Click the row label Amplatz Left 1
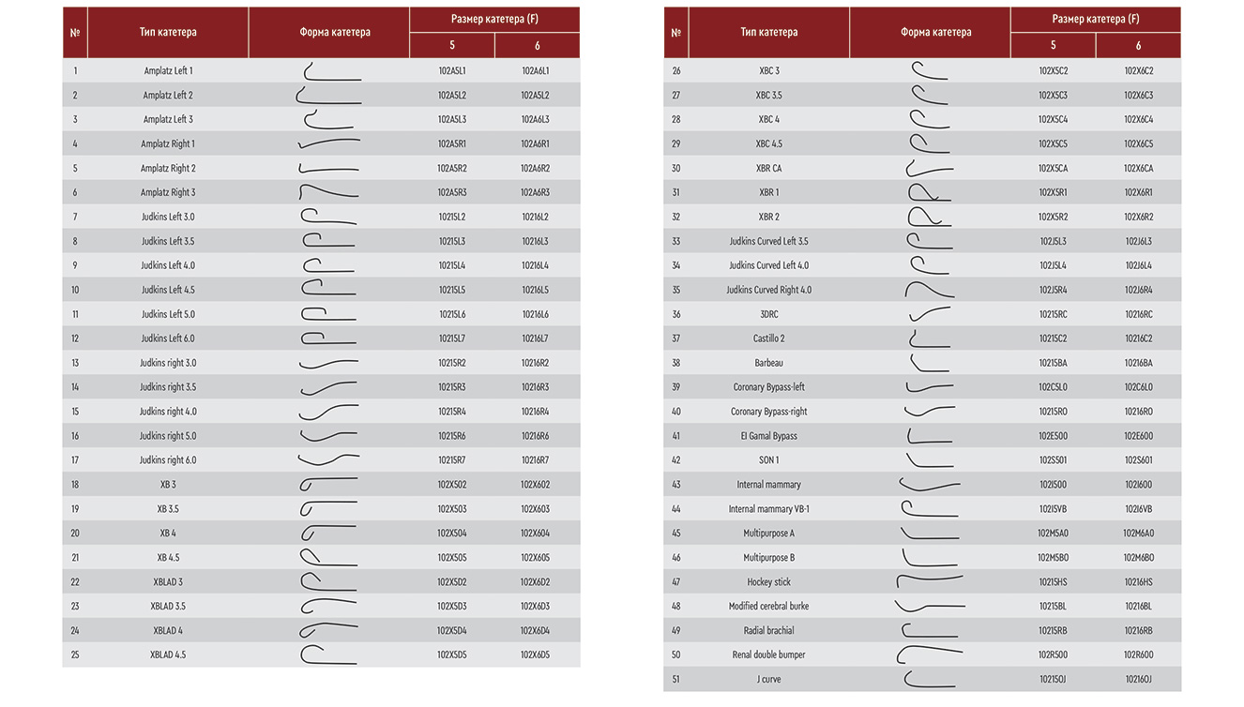click(x=168, y=71)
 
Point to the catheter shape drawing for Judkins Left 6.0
click(x=328, y=338)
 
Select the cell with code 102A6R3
click(x=535, y=193)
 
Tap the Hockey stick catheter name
click(x=768, y=582)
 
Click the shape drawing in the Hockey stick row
click(x=929, y=582)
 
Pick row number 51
click(x=675, y=680)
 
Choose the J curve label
click(x=768, y=680)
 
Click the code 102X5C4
click(x=1053, y=120)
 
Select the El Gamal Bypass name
click(x=768, y=436)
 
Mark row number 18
click(x=75, y=485)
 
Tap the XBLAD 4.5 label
click(x=168, y=655)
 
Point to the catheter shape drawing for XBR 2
click(x=929, y=217)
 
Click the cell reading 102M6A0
click(x=1138, y=534)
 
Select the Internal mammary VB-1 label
click(x=768, y=509)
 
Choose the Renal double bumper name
click(x=768, y=655)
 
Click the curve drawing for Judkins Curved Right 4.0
click(x=929, y=290)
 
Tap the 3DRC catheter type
click(x=768, y=314)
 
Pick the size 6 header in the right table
click(x=1138, y=46)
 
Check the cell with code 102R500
click(x=1053, y=655)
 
